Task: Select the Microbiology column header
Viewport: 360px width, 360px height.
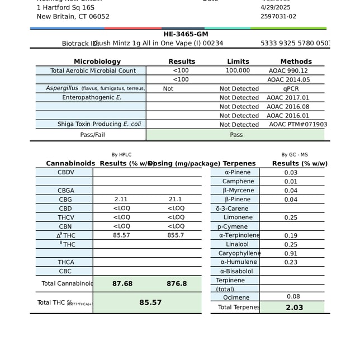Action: (x=97, y=61)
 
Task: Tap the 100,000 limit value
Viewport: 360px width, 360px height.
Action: (x=238, y=70)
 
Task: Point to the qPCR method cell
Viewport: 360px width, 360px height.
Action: (x=291, y=88)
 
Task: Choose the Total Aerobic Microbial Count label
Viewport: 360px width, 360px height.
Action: (x=93, y=70)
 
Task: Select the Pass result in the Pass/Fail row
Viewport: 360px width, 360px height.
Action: (x=236, y=135)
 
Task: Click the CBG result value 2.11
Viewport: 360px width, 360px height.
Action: (x=121, y=199)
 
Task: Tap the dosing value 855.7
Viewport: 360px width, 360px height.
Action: (x=176, y=235)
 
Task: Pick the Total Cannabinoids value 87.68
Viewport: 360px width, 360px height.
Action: (x=122, y=283)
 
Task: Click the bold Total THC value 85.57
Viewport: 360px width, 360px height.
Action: (x=150, y=302)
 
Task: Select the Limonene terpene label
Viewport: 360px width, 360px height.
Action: (x=238, y=217)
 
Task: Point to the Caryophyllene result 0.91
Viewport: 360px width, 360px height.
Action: (x=291, y=253)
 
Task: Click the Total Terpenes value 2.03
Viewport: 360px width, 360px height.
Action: (x=294, y=307)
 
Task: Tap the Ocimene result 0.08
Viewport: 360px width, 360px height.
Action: (x=293, y=296)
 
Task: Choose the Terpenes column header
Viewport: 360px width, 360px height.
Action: (x=239, y=163)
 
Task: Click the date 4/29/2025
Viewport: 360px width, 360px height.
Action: (x=277, y=7)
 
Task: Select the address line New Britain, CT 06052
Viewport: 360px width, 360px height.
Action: (x=73, y=16)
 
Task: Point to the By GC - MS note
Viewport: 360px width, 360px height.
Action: (x=295, y=154)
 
